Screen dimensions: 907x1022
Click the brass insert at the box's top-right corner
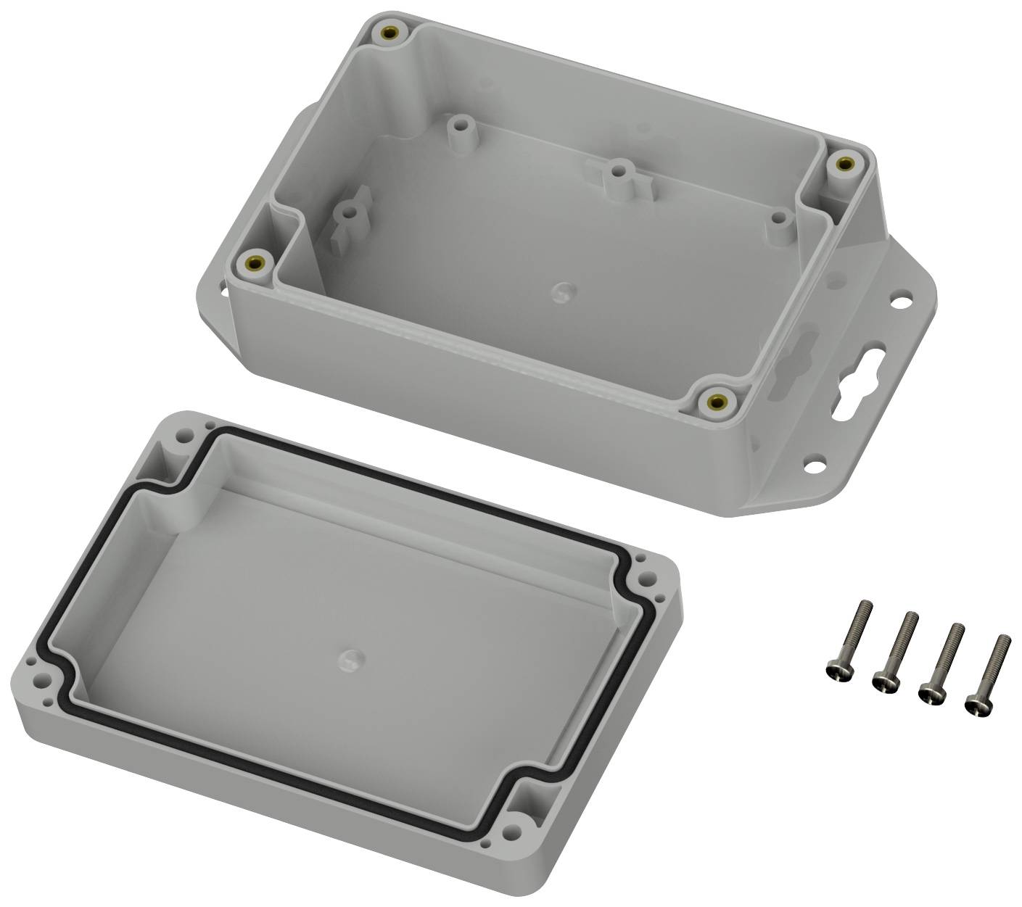click(841, 165)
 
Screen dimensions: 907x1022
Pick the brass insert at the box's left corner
click(255, 261)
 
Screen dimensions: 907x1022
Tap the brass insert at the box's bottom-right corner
click(718, 400)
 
